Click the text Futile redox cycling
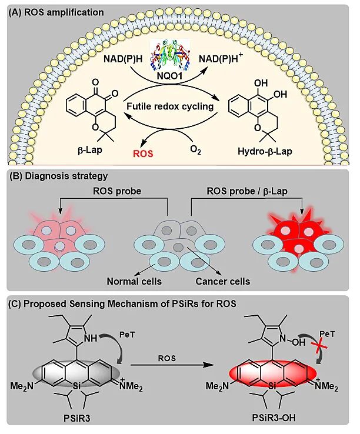(175, 106)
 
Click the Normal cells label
(134, 281)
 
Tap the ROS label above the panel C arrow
(168, 356)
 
